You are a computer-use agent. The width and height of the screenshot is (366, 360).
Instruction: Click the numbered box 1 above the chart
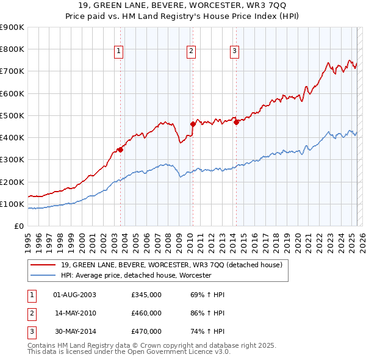[x=118, y=51]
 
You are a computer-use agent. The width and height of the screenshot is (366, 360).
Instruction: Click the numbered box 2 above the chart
[x=191, y=51]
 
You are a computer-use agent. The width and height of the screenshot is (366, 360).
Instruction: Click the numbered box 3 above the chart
[x=234, y=51]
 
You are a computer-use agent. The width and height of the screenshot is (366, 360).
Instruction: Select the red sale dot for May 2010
[x=193, y=124]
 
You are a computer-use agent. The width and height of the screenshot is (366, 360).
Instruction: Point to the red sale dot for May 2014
[x=235, y=122]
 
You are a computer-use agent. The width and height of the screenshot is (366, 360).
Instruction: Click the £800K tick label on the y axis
[x=12, y=49]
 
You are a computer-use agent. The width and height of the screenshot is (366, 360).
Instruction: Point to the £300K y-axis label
[x=12, y=160]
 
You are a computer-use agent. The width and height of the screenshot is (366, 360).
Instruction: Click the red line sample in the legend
[x=42, y=265]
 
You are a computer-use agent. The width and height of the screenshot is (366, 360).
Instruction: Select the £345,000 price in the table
[x=146, y=295]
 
